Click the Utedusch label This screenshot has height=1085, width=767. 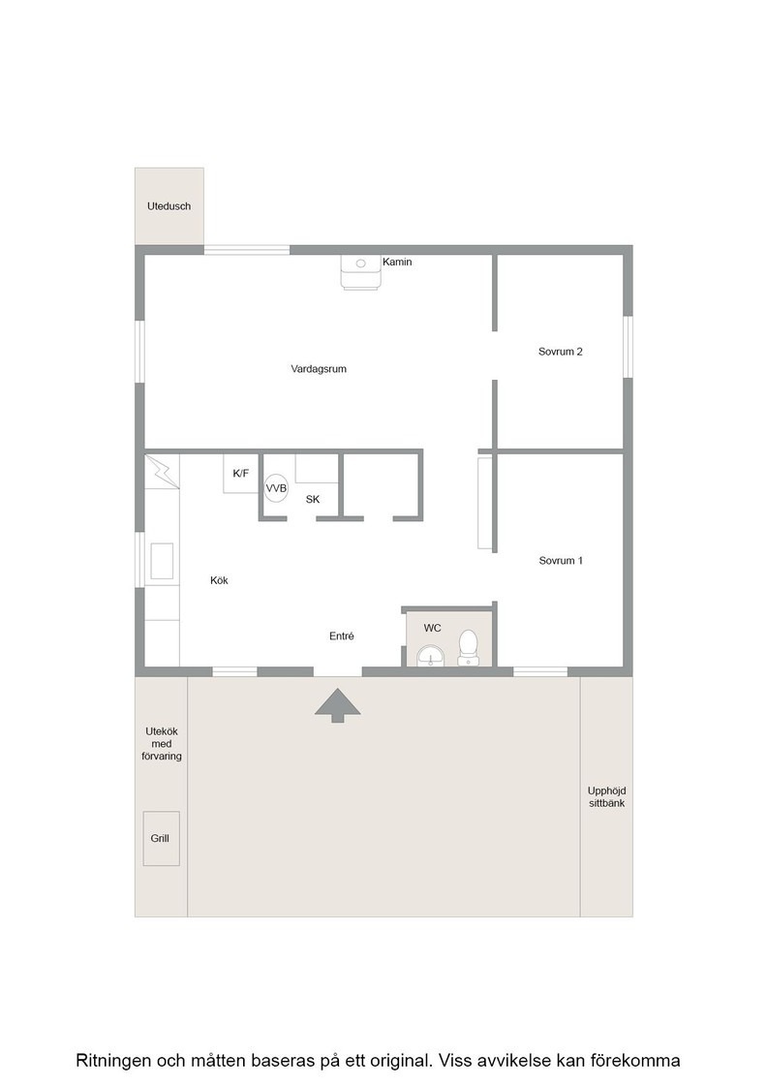169,206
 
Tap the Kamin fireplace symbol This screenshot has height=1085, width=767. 360,272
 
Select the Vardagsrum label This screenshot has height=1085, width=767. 319,369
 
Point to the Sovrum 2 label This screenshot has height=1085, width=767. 560,352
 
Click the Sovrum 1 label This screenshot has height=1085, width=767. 561,561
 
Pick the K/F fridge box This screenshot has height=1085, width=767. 241,474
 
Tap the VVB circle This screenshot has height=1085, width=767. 277,488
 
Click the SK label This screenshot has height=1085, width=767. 313,499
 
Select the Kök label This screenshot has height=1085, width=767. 219,580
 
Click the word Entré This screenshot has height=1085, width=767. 342,635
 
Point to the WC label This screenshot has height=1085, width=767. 432,629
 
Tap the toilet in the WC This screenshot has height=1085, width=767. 468,648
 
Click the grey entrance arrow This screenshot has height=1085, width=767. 338,705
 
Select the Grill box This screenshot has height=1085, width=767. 161,839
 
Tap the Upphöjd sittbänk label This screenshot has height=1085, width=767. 606,797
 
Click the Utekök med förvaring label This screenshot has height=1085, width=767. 162,744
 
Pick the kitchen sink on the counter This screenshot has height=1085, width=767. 162,561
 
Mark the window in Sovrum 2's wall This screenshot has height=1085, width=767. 628,348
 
